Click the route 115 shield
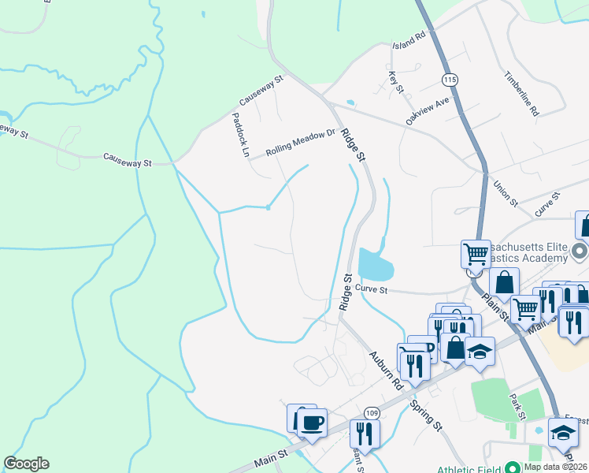tap(450, 80)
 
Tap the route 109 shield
tap(372, 414)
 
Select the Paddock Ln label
tap(240, 134)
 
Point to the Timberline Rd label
tap(522, 91)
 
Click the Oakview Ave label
tap(427, 110)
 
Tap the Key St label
tap(395, 82)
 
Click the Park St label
tap(516, 407)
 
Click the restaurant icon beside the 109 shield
tap(365, 433)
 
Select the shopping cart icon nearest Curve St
tap(476, 254)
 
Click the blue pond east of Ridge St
tap(375, 266)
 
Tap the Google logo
tap(26, 464)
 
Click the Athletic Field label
tap(469, 467)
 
